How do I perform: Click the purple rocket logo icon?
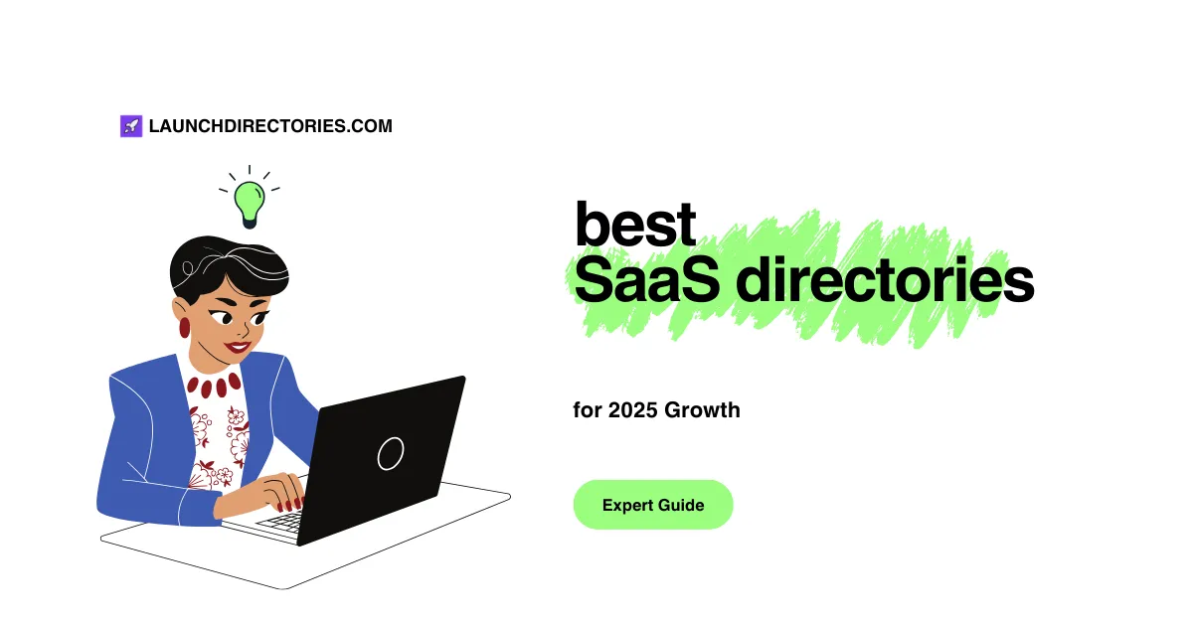131,126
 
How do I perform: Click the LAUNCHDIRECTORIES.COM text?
270,126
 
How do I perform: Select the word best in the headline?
634,225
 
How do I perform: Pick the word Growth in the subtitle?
703,409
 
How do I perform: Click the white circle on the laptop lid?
391,453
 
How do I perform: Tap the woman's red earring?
184,327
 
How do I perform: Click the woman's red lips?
237,347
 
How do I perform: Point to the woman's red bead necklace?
213,385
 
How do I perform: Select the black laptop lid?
388,457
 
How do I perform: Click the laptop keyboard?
283,521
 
